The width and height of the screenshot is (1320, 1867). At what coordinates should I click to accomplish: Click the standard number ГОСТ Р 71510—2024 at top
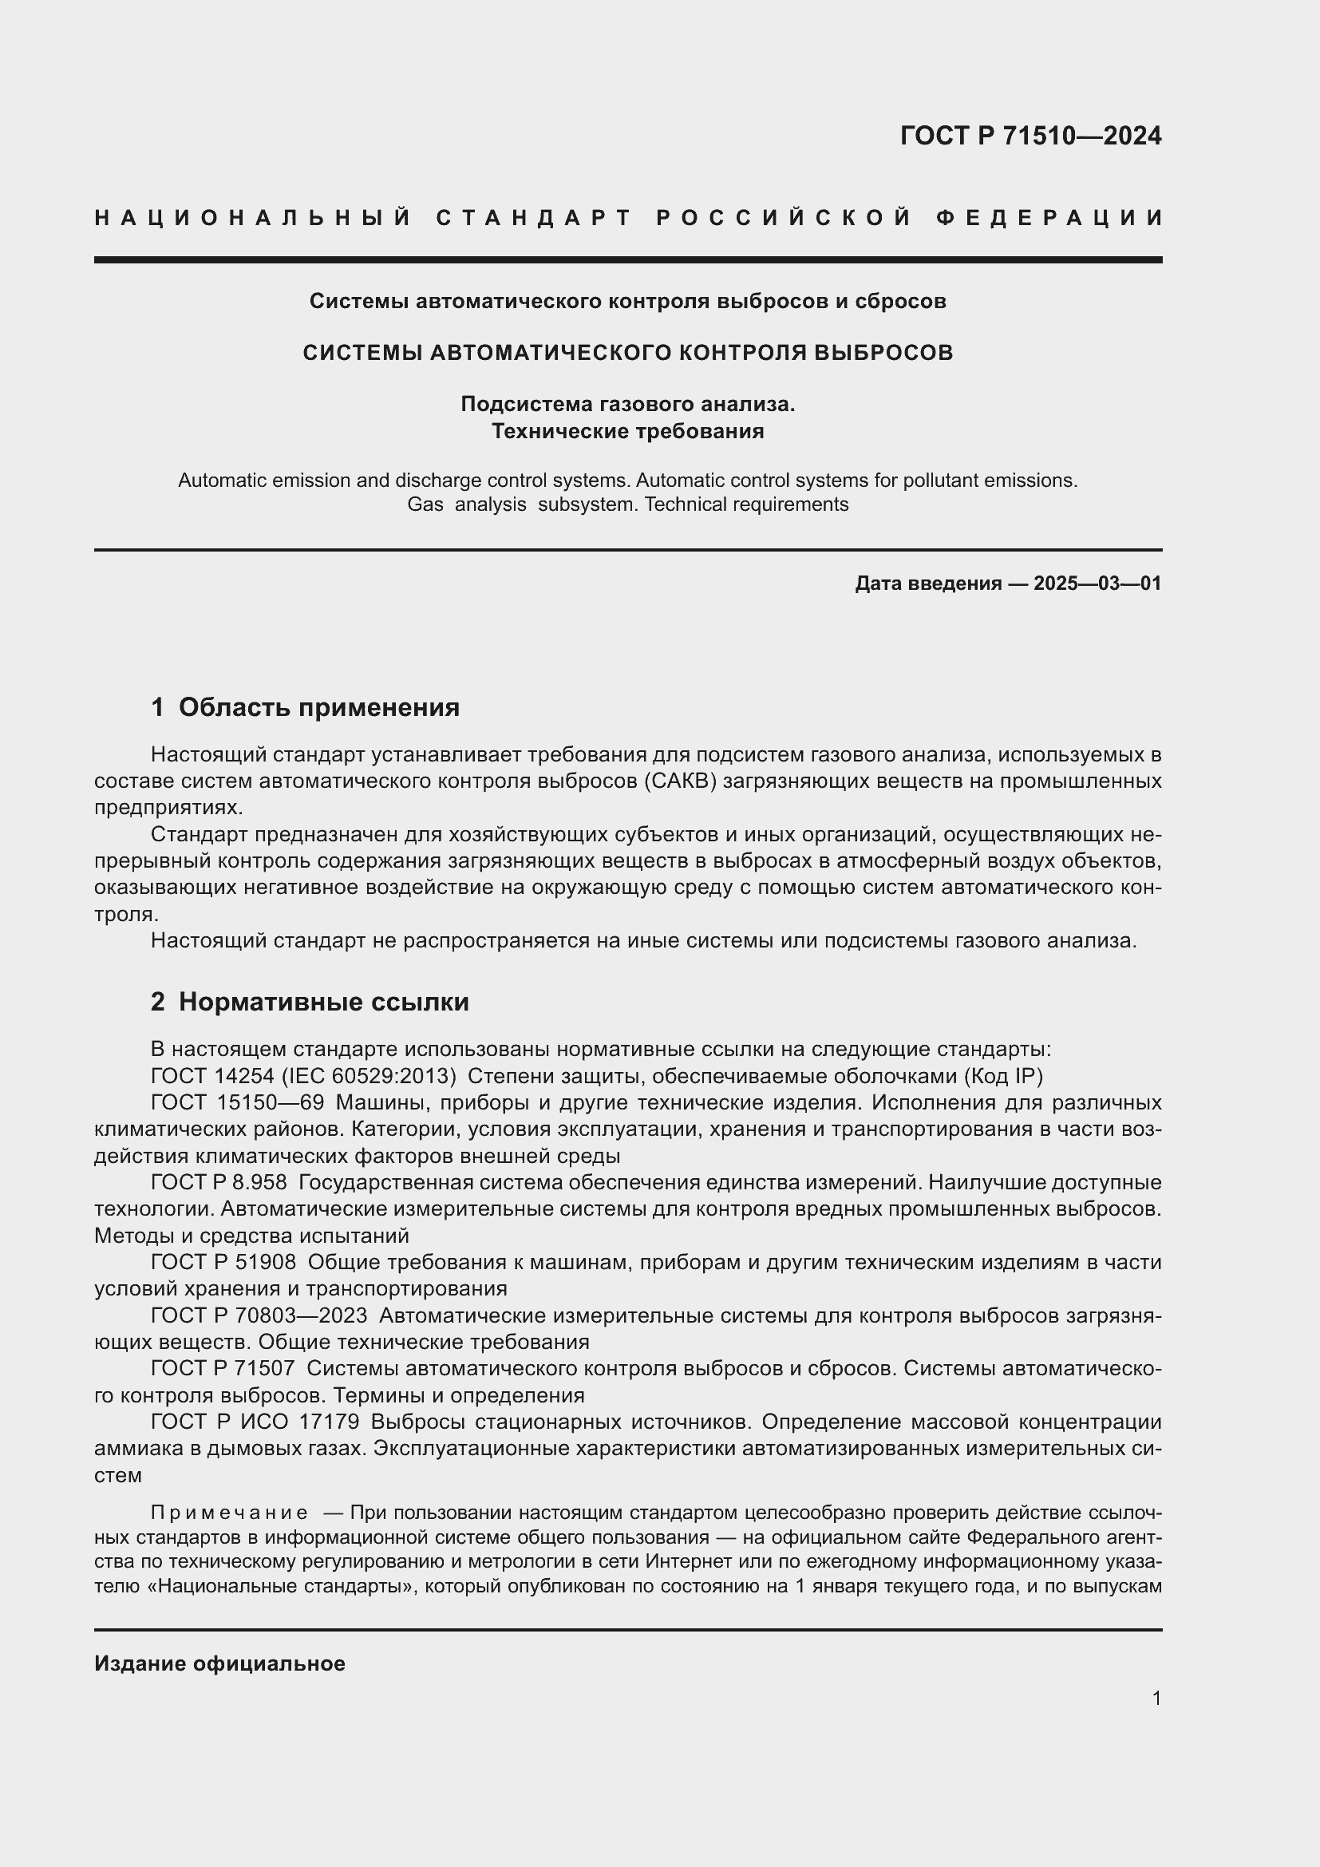(1030, 136)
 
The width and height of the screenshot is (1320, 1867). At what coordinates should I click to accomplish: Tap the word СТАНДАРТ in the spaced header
(533, 218)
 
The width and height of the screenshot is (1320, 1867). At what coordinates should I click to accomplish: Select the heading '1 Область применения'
(305, 707)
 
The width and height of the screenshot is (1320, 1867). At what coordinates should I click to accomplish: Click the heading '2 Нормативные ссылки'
(310, 1002)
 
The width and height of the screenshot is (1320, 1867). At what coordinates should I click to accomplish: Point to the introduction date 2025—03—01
(1097, 583)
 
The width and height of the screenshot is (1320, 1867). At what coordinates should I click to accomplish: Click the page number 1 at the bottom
(1156, 1698)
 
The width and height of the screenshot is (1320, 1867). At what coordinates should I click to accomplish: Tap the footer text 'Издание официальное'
(219, 1663)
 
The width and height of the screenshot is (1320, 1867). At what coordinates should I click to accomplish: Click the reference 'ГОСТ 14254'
(212, 1076)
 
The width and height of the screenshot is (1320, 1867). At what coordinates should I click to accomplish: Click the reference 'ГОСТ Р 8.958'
(219, 1181)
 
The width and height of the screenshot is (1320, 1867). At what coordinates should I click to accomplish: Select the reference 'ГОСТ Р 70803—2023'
(259, 1315)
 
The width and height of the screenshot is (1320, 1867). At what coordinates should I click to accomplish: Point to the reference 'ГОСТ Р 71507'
(222, 1369)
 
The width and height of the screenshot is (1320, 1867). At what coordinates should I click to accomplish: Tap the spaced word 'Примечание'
(229, 1513)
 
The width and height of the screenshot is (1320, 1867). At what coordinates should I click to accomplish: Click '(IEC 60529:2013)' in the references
(368, 1076)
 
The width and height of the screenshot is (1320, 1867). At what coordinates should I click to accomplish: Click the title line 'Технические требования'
(627, 431)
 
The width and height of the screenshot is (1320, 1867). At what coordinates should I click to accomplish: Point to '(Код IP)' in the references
(1003, 1076)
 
